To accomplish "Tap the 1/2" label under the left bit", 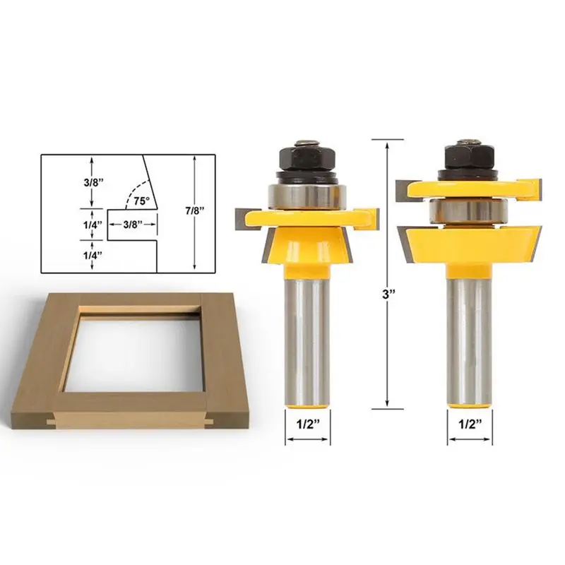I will [307, 425].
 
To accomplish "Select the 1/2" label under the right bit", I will [469, 425].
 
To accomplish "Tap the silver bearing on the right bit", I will [468, 210].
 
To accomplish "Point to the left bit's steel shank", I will [307, 339].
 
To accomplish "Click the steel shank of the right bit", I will [468, 339].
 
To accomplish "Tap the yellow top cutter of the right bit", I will [468, 186].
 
